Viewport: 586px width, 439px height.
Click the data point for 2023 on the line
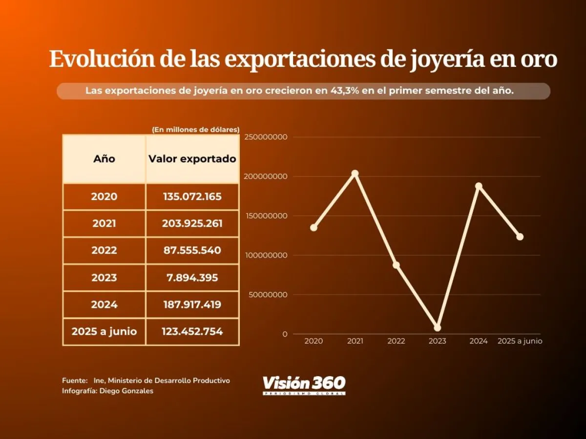click(x=437, y=327)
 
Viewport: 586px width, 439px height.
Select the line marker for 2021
click(x=355, y=174)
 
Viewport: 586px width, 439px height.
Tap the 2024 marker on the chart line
click(x=479, y=186)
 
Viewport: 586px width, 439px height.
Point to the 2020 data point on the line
click(x=314, y=227)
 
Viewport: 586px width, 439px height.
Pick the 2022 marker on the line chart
click(x=396, y=265)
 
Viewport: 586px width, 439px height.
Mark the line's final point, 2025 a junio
click(x=520, y=237)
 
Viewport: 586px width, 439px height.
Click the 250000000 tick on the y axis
click(x=266, y=137)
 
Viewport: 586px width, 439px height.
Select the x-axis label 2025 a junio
click(x=520, y=341)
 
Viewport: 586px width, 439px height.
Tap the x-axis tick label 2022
click(x=396, y=341)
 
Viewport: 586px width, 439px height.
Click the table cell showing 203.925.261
click(x=192, y=223)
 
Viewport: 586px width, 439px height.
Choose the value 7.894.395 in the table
click(x=192, y=278)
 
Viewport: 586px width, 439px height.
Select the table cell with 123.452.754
click(x=192, y=332)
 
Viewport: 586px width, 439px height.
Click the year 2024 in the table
click(x=104, y=304)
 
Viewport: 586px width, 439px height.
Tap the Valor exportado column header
click(x=192, y=159)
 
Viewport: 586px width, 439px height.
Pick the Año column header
click(x=104, y=159)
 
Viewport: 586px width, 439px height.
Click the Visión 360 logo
click(x=304, y=384)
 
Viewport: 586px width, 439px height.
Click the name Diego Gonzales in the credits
click(x=126, y=391)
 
